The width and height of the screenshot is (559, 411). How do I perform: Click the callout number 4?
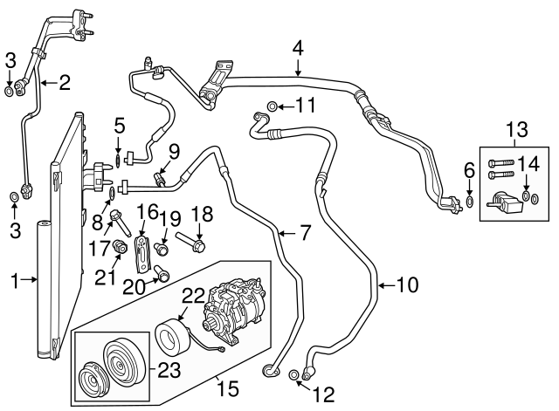pos(298,47)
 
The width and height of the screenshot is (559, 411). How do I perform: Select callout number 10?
pos(408,284)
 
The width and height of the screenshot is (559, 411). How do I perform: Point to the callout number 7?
pos(305,233)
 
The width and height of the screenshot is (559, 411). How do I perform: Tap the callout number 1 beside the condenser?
pos(14,280)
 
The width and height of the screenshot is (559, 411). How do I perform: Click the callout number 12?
pos(322,394)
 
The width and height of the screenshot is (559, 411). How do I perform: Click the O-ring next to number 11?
pos(273,106)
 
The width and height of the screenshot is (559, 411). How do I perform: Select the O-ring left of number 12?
pos(293,375)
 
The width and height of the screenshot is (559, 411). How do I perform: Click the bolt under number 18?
pos(193,241)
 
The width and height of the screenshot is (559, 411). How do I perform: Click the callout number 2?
pos(64,84)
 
